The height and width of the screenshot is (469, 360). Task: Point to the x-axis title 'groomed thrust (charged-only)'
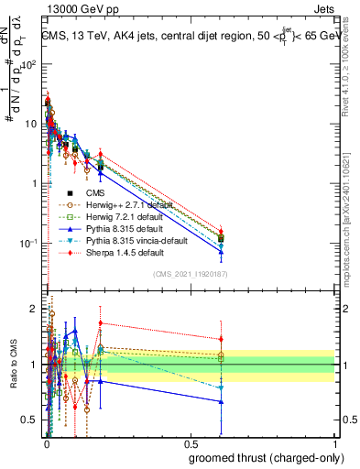pos(260,457)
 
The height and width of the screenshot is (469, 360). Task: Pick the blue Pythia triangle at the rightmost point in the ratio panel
pos(221,401)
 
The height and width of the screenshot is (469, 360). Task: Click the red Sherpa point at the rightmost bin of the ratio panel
pos(221,341)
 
